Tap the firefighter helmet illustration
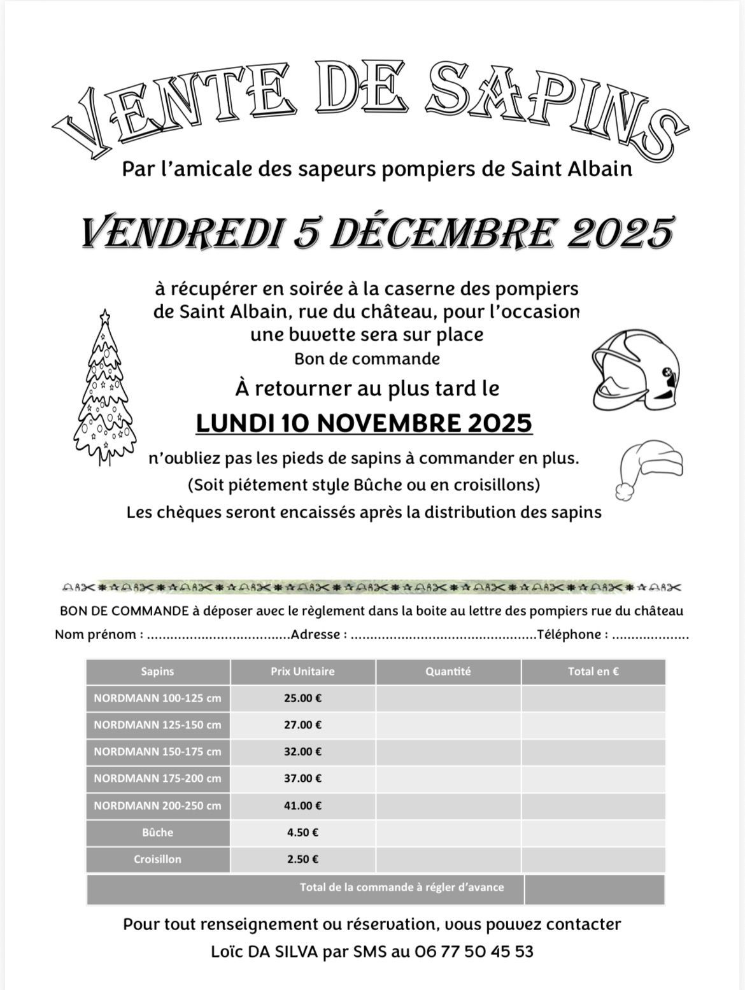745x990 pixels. (635, 371)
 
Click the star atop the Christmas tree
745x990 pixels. (105, 315)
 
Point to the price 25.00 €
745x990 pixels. (302, 698)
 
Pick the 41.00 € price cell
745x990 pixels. (302, 805)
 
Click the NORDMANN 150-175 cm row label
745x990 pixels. (157, 751)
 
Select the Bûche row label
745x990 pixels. (157, 832)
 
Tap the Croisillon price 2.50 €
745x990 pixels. (302, 859)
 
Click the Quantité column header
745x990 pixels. (448, 671)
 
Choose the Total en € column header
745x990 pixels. (593, 671)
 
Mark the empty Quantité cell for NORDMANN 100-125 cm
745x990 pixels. (448, 698)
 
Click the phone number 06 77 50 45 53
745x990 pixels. (473, 952)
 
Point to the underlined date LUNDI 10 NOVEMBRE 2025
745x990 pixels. (364, 423)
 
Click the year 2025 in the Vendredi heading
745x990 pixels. (619, 233)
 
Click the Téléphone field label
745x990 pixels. (572, 634)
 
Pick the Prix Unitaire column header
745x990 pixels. (302, 671)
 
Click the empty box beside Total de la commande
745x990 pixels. (594, 889)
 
